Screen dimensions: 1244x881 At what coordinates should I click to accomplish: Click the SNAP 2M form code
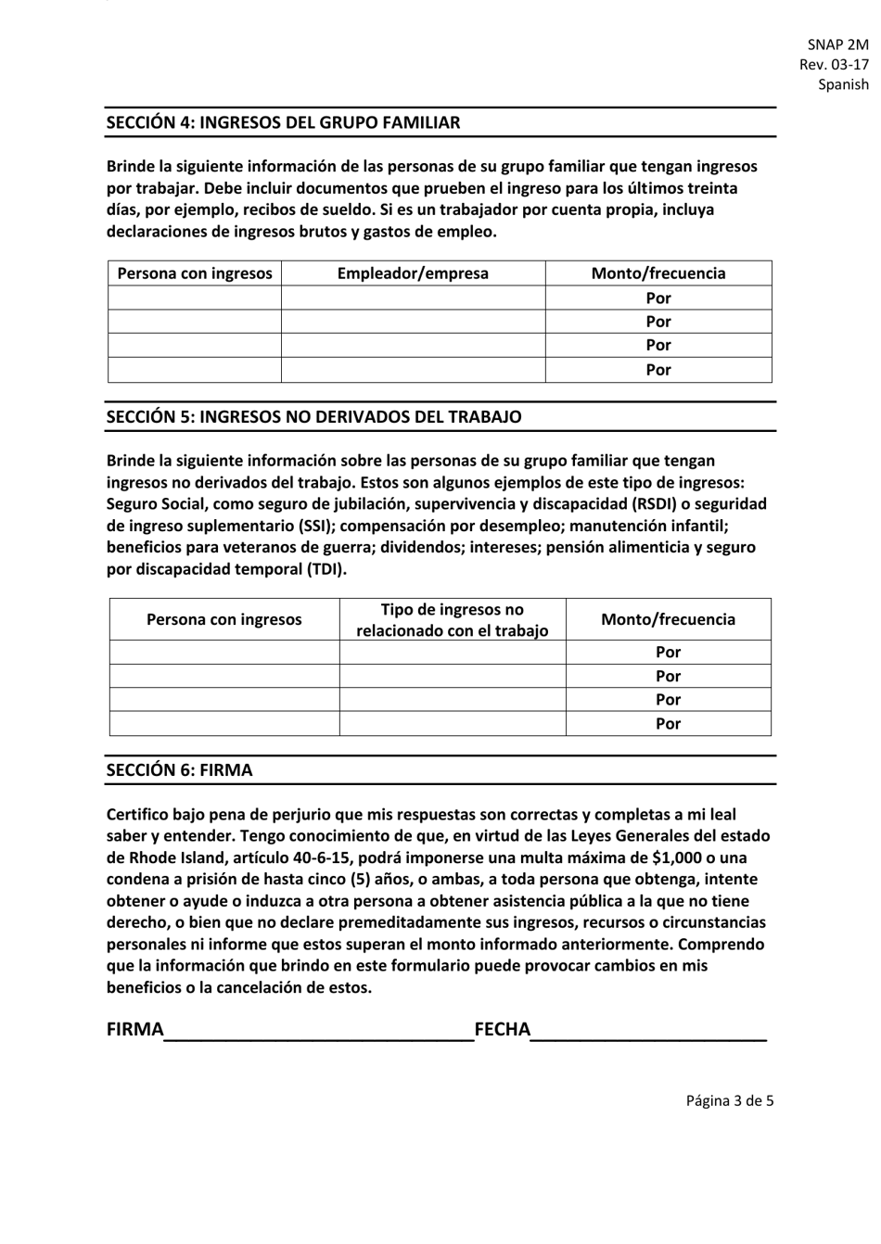(838, 44)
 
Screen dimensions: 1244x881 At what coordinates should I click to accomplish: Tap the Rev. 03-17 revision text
(834, 64)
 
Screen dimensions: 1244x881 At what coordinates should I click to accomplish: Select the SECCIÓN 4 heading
(283, 122)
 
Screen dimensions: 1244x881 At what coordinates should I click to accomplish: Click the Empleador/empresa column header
(413, 273)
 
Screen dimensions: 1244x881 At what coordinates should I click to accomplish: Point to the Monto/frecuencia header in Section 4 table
(658, 273)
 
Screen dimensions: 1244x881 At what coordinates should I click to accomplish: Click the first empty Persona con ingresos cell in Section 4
(195, 298)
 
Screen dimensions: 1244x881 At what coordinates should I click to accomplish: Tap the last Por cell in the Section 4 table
(658, 370)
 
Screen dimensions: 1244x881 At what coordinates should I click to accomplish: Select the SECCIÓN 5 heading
(313, 417)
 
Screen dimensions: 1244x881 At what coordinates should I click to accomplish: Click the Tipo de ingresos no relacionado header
(453, 620)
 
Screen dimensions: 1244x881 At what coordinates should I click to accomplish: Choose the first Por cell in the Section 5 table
(668, 652)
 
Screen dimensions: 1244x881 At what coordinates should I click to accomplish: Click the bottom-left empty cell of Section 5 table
(224, 723)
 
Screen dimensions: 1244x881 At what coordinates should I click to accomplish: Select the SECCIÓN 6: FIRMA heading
(179, 770)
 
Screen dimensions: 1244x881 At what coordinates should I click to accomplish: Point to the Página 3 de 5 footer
(729, 1101)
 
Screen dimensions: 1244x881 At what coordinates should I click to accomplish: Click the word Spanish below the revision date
(843, 84)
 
